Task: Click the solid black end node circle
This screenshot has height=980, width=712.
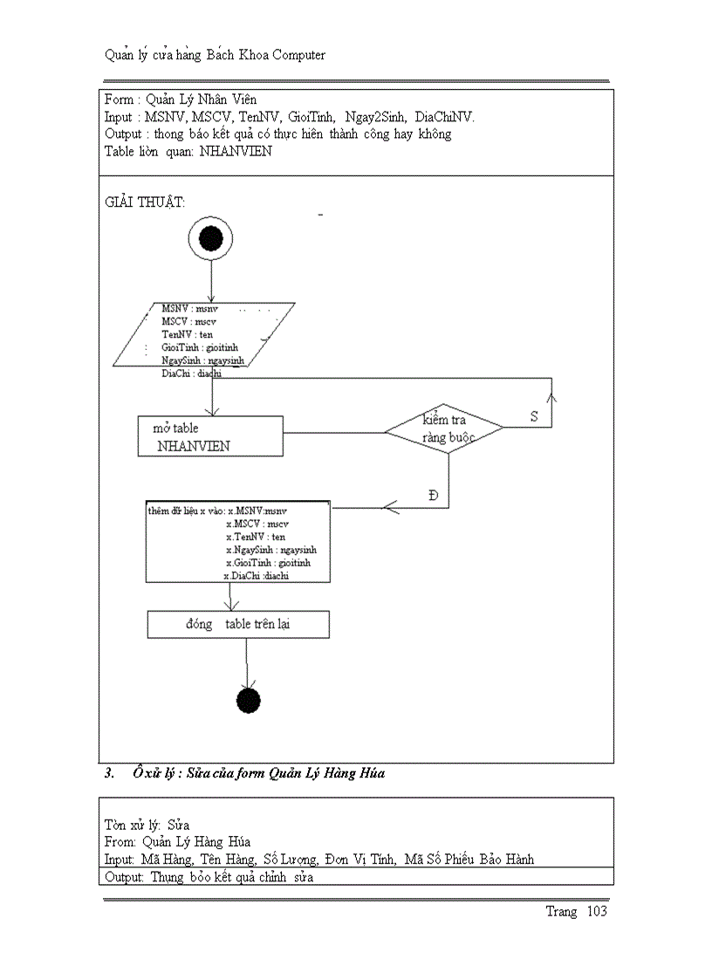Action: tap(249, 700)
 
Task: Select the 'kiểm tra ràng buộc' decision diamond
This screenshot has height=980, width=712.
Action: tap(445, 428)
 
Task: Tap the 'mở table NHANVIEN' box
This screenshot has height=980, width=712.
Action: tap(211, 436)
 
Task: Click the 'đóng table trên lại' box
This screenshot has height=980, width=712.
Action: tap(237, 625)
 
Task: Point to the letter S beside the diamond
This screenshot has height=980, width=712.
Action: tap(534, 417)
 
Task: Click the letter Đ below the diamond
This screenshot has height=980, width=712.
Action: tap(433, 496)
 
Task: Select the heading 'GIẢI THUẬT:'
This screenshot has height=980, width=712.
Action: tap(145, 202)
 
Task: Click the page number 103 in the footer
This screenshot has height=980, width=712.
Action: tap(597, 912)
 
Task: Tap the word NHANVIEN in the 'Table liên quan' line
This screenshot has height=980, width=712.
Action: tap(236, 151)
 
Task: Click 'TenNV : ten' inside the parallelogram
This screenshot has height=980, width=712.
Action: tap(187, 334)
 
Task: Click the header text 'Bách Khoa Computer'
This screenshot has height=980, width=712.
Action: tap(260, 55)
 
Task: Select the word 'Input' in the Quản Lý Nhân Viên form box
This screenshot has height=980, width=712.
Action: tap(118, 117)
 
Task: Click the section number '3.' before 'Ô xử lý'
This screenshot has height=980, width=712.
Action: tap(109, 773)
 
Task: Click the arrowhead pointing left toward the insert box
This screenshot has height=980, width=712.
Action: tap(391, 507)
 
